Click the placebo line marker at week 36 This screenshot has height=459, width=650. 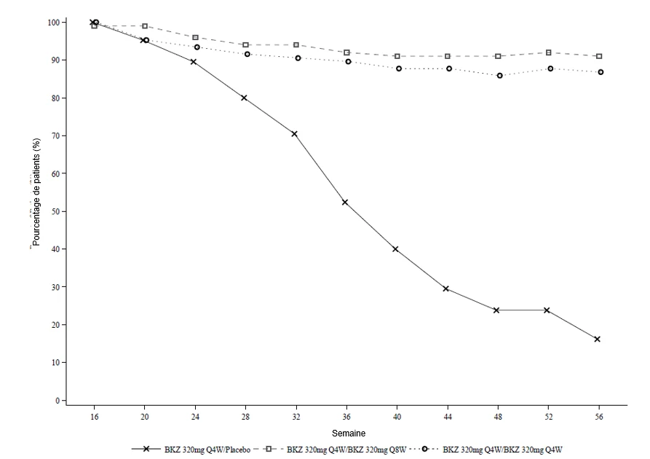(345, 202)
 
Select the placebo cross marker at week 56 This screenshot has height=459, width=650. (598, 339)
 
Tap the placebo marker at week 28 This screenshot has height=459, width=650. (244, 98)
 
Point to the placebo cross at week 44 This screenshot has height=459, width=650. (446, 289)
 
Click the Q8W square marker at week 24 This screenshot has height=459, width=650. (195, 37)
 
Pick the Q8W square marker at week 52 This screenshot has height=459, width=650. (548, 52)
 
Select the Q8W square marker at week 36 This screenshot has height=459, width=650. (346, 52)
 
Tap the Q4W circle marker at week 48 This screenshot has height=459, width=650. (500, 76)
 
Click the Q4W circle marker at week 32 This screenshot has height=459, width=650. (298, 58)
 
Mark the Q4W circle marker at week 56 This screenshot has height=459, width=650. (601, 72)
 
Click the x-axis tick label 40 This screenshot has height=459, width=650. (397, 416)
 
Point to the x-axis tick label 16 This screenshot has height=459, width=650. (95, 416)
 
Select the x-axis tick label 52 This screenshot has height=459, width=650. (548, 416)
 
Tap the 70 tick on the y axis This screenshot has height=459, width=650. (55, 136)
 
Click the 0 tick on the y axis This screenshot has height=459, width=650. (58, 401)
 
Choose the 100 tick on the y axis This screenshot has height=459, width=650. (54, 22)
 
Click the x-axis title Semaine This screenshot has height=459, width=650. (349, 433)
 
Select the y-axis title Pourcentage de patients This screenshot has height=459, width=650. (36, 192)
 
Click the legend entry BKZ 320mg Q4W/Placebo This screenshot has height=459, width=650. (191, 449)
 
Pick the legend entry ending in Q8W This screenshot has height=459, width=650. (335, 449)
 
